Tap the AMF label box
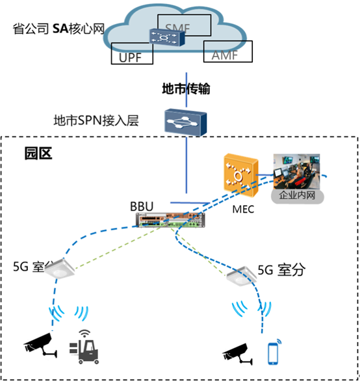point(225,51)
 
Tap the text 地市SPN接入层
point(96,121)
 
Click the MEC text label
point(242,209)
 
